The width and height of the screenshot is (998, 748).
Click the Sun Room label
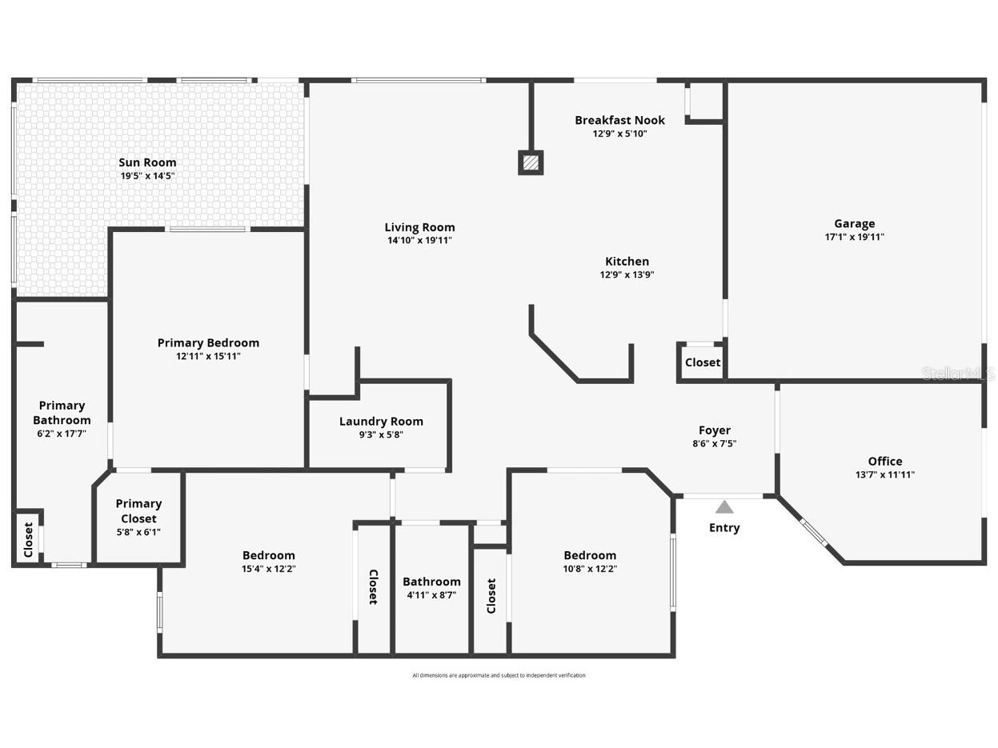pos(147,162)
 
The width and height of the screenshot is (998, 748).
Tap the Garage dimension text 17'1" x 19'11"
pos(854,237)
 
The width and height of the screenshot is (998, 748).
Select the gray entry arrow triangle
pos(724,507)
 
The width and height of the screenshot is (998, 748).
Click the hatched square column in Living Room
pos(531,162)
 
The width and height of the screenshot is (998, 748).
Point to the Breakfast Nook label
pos(619,120)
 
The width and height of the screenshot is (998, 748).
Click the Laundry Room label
pos(381,422)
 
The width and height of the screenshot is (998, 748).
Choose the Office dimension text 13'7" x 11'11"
pos(884,474)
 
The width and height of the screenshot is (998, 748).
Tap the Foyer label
pos(714,430)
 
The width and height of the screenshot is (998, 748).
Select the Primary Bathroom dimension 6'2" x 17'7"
pos(62,434)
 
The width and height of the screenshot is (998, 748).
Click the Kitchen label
pos(627,262)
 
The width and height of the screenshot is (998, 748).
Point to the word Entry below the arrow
pos(724,528)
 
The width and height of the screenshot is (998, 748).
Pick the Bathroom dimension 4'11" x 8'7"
pos(431,595)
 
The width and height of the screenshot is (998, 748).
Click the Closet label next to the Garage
pos(703,362)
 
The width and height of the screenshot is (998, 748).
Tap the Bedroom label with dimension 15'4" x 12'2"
pos(269,555)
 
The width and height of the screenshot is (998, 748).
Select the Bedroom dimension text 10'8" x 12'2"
pos(590,569)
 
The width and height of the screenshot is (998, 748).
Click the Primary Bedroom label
pos(208,342)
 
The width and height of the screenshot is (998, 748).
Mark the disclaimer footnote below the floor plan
pos(499,675)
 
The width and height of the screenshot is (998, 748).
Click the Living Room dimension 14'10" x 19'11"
pos(419,240)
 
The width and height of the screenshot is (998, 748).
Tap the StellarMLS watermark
pos(958,374)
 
